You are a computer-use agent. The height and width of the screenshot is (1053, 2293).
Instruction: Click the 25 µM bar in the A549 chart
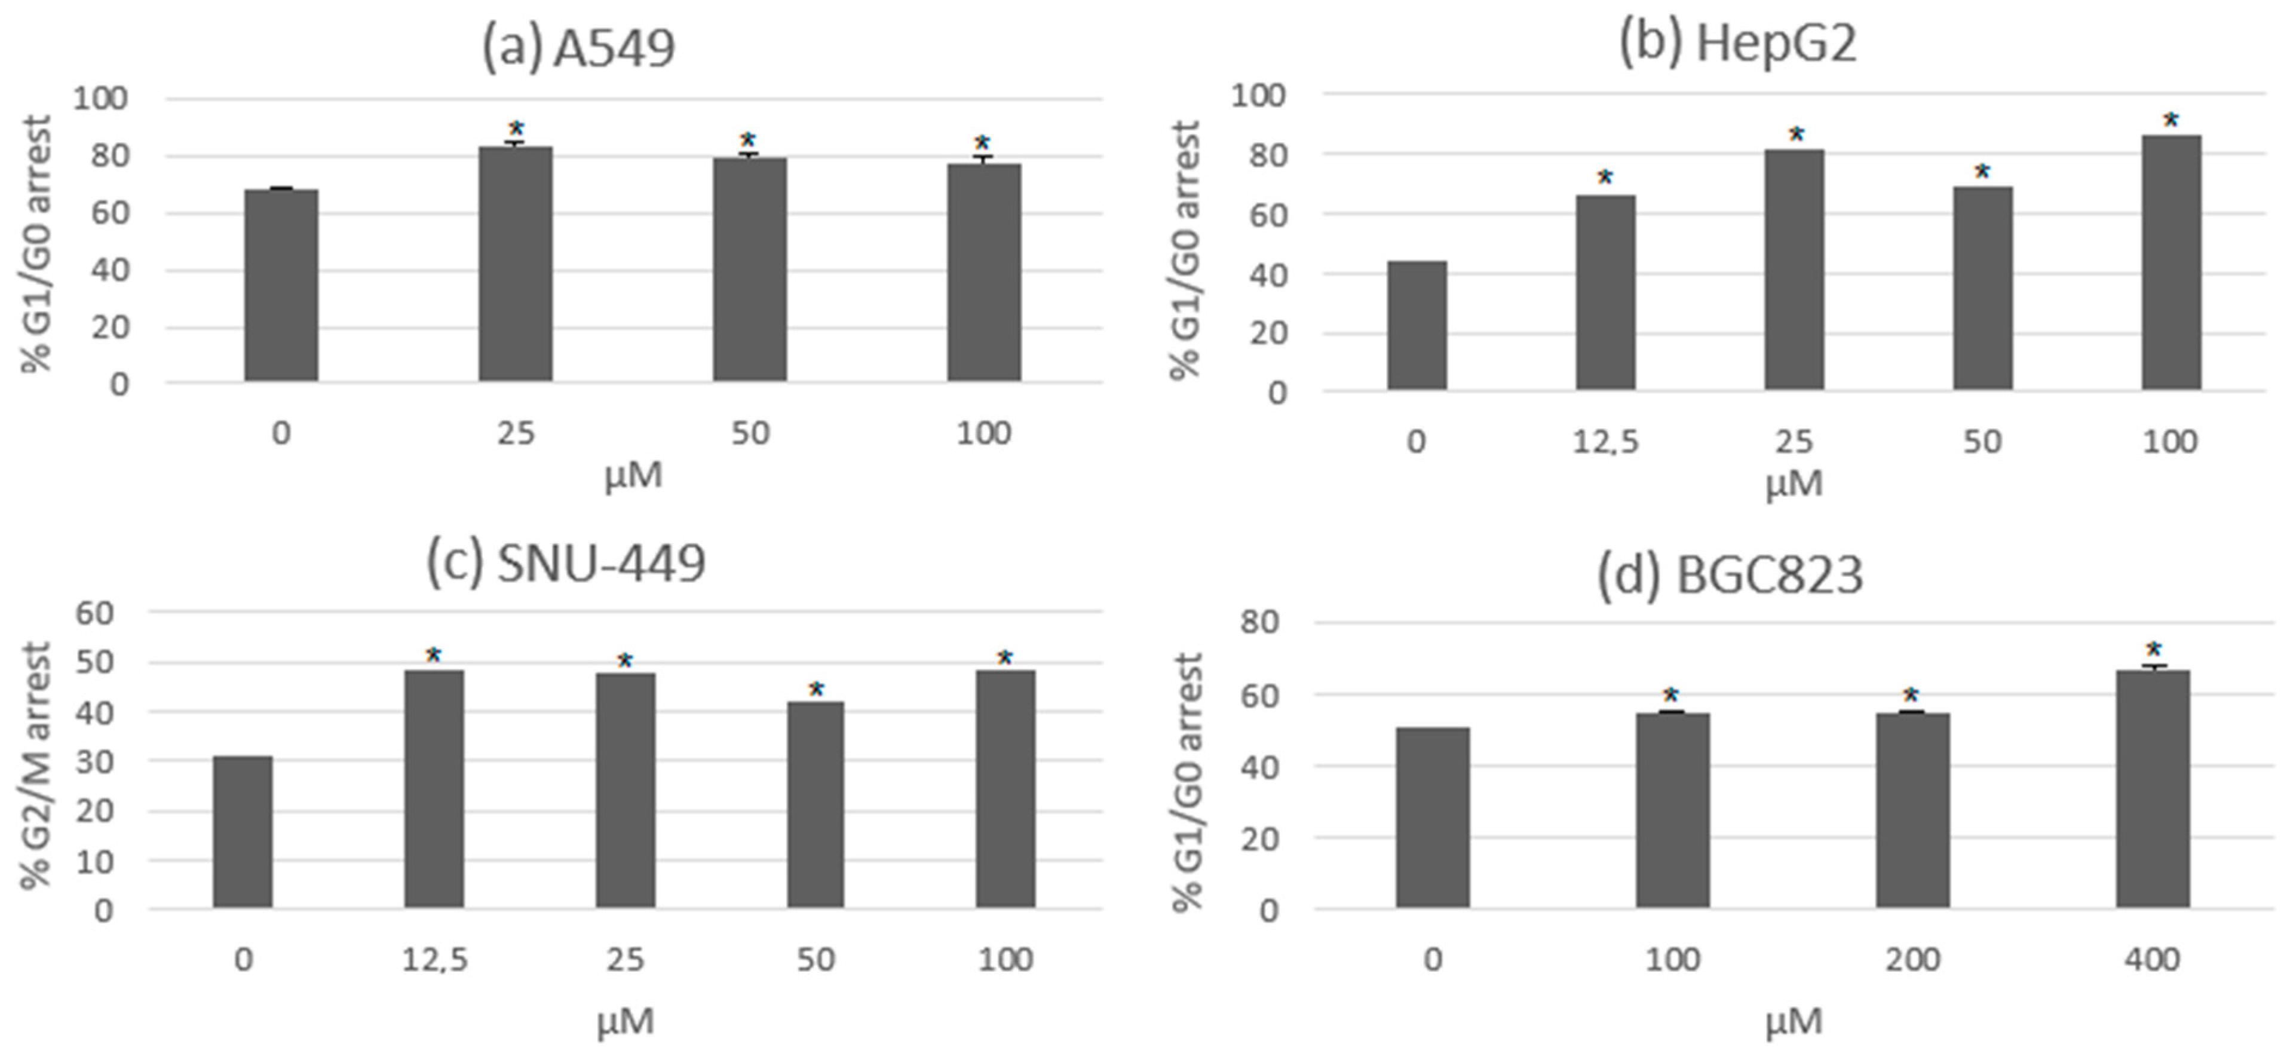(x=516, y=264)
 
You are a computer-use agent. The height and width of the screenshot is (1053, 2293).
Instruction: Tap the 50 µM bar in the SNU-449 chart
(x=816, y=806)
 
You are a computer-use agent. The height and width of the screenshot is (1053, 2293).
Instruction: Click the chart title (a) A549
(x=578, y=48)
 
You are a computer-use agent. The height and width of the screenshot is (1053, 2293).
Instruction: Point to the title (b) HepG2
(x=1737, y=42)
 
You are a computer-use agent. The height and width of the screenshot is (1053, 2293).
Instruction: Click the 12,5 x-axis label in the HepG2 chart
(x=1605, y=442)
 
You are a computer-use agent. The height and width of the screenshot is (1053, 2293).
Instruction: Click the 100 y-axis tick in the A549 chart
(x=100, y=98)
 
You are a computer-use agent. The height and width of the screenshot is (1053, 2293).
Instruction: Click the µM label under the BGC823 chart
(x=1794, y=1020)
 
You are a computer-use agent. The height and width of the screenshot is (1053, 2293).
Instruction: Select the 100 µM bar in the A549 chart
(x=983, y=273)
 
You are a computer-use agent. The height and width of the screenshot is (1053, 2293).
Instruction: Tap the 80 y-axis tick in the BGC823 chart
(x=1259, y=622)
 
